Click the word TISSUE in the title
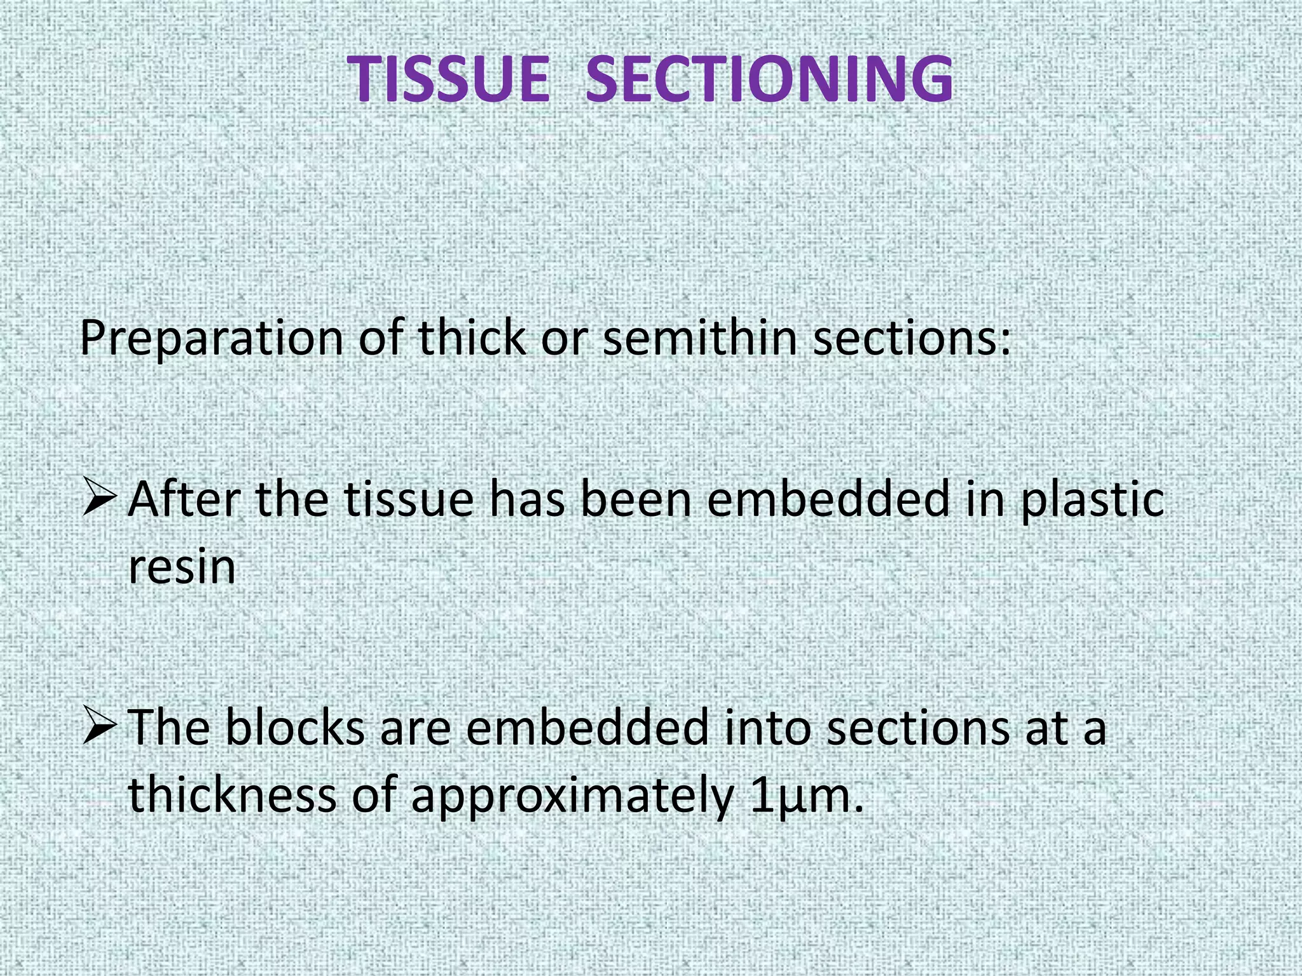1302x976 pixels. [x=448, y=79]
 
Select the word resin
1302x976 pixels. [x=182, y=567]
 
